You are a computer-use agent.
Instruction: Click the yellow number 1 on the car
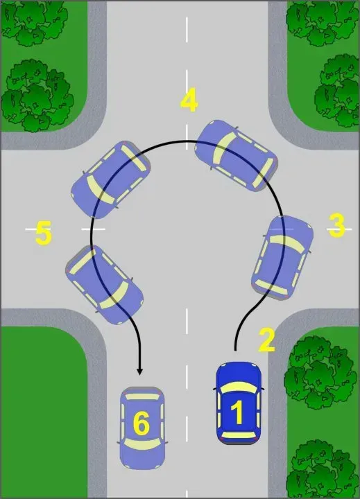tap(238, 412)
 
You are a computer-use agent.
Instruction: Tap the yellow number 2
tap(266, 340)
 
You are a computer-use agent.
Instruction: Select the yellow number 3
tap(336, 225)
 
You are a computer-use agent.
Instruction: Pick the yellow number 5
tap(43, 233)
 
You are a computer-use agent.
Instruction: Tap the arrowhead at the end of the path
tap(139, 371)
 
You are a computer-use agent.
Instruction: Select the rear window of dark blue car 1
tap(239, 435)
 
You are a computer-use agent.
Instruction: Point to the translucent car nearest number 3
tap(282, 258)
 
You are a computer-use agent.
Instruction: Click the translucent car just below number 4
tap(236, 155)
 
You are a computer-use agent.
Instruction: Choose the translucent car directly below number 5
tap(105, 285)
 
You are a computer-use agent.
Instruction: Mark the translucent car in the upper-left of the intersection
tap(110, 180)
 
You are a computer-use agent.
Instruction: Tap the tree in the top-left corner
tap(35, 22)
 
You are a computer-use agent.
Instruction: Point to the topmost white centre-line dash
tap(187, 30)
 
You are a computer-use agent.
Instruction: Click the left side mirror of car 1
tap(215, 389)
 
